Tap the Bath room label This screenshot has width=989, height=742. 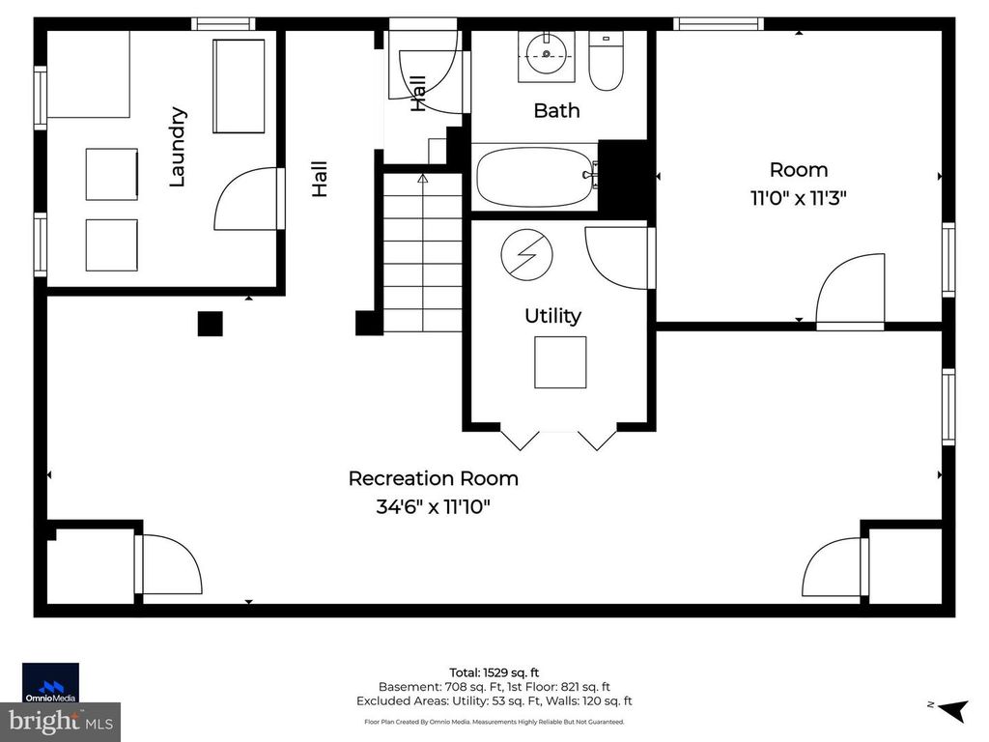pyautogui.click(x=556, y=110)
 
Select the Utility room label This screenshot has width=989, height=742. pyautogui.click(x=552, y=316)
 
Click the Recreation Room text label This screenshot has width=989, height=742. pyautogui.click(x=433, y=478)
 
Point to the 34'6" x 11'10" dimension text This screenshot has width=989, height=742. pyautogui.click(x=433, y=506)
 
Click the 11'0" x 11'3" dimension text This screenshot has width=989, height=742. pyautogui.click(x=799, y=198)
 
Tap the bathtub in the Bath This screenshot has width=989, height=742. pyautogui.click(x=534, y=176)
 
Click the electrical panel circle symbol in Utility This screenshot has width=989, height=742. pyautogui.click(x=527, y=255)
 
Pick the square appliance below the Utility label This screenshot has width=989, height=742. pyautogui.click(x=560, y=362)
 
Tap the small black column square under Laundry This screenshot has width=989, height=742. pyautogui.click(x=210, y=324)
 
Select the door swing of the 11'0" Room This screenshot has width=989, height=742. pyautogui.click(x=851, y=289)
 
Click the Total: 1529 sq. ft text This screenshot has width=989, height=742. pyautogui.click(x=494, y=671)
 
